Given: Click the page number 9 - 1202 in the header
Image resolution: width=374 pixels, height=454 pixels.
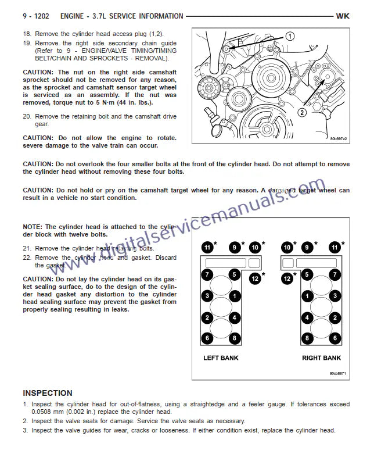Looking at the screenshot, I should (37, 16).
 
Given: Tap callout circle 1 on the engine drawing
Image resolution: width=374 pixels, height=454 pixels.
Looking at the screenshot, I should (289, 36).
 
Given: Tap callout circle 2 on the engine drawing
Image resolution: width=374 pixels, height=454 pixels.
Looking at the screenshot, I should (302, 112).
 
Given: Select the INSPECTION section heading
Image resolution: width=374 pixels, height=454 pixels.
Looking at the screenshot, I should (48, 393).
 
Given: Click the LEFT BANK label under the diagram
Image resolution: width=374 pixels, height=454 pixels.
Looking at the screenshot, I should (221, 358).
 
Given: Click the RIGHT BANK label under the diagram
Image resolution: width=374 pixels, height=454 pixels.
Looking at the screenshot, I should (321, 358).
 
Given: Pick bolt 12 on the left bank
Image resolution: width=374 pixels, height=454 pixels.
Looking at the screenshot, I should (256, 279).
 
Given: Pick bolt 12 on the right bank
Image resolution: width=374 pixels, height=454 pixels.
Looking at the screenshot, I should (287, 279).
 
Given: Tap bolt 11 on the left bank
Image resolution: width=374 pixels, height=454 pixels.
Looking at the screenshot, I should (207, 248).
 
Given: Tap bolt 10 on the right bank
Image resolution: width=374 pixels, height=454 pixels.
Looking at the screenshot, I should (287, 248).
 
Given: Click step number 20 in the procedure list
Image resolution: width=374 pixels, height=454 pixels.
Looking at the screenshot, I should (27, 116).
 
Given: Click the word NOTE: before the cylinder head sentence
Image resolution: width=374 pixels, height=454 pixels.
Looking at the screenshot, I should (33, 227).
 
